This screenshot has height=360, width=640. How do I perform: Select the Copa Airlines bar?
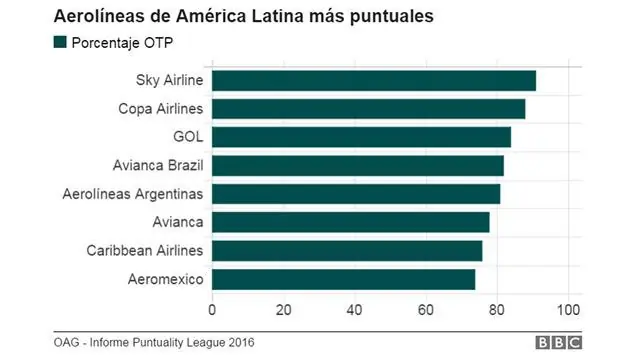point(369,109)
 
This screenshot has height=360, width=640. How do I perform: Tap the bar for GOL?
point(361,137)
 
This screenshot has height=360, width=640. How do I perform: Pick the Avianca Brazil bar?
point(358,165)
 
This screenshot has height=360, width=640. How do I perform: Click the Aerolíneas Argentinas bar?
point(356,193)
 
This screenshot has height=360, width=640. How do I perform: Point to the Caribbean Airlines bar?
point(347,250)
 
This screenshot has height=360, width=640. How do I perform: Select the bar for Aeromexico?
point(343,279)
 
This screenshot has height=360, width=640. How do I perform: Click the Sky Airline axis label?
point(169,81)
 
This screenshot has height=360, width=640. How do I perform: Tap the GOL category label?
point(187,137)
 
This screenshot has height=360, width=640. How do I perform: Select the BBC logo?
point(558,343)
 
